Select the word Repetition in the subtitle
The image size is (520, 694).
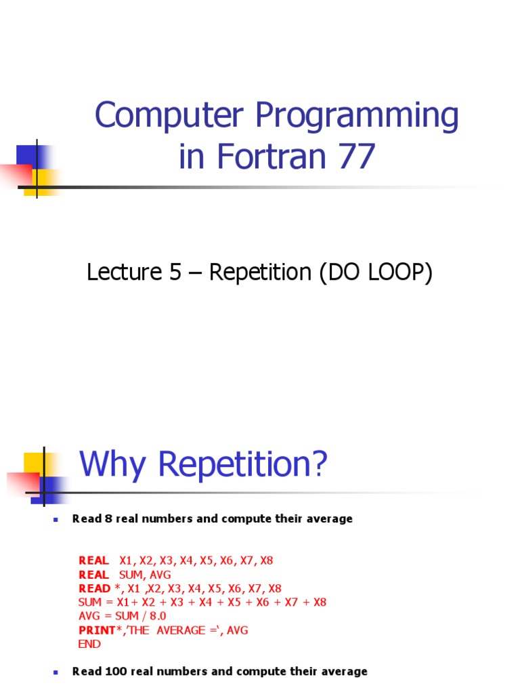point(259,272)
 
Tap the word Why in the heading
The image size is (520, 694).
point(109,465)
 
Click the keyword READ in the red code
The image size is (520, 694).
point(94,588)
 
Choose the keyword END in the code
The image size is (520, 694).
point(89,644)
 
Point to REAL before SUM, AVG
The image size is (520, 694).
point(93,575)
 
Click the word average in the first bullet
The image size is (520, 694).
point(329,519)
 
